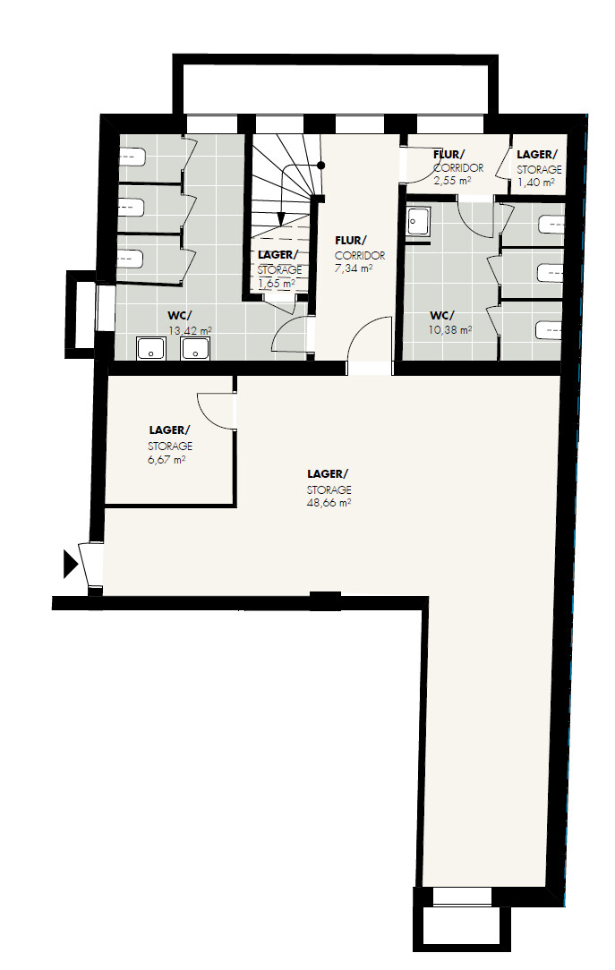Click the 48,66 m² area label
coord(329,503)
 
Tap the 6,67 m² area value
coord(167,460)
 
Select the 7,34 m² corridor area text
coord(354,268)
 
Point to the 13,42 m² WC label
coord(190,331)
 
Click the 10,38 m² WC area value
coord(450,330)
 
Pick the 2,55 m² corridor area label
coord(453,182)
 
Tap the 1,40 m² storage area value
coord(536,183)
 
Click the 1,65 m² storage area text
coord(277,284)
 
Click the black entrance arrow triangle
coord(70,564)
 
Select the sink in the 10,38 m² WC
coord(419,221)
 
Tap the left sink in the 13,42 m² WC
coord(151,348)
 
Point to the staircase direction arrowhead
coord(281,218)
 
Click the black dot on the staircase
coord(321,166)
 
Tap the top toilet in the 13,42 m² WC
coord(132,157)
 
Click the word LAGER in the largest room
coord(327,474)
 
